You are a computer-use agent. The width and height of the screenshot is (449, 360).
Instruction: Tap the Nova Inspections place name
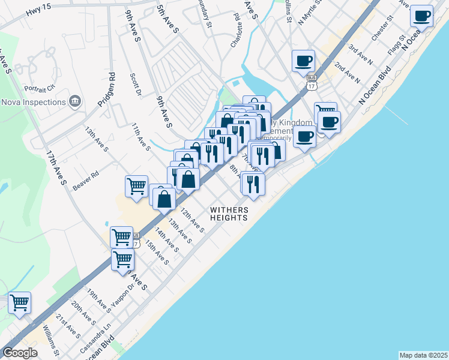(33, 102)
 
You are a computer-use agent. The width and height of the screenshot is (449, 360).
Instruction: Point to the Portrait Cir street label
(40, 88)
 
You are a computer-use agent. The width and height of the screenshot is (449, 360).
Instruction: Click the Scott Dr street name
(135, 85)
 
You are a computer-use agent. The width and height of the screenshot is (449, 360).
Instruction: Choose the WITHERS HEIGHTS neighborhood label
(229, 214)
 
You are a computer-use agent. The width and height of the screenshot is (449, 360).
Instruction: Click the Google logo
(20, 353)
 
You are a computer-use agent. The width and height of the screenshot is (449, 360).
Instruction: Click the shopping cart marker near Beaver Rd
(136, 186)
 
